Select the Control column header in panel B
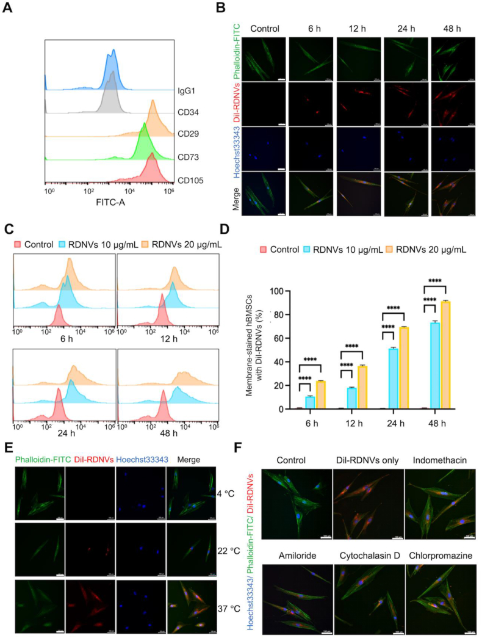(264, 28)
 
